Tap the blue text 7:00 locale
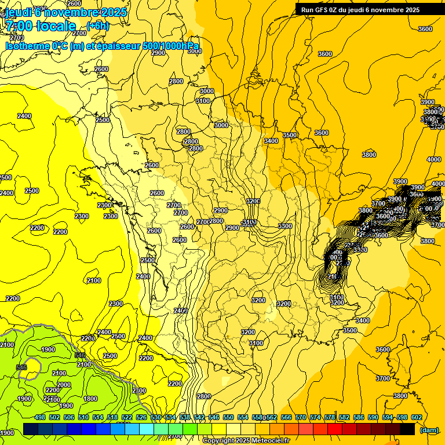[x=41, y=26]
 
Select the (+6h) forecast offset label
[x=98, y=26]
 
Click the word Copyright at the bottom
[x=218, y=440]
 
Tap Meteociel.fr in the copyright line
[x=269, y=440]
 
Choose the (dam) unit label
[x=428, y=429]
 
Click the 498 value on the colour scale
[x=40, y=417]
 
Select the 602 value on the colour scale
[x=417, y=417]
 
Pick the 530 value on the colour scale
[x=156, y=417]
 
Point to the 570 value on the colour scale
[x=301, y=417]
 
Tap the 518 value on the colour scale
[x=112, y=417]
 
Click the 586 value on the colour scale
[x=359, y=417]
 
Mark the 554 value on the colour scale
[x=243, y=417]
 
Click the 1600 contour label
[x=90, y=399]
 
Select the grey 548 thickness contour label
[x=80, y=355]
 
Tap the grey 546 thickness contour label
[x=21, y=367]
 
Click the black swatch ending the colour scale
[x=407, y=429]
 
